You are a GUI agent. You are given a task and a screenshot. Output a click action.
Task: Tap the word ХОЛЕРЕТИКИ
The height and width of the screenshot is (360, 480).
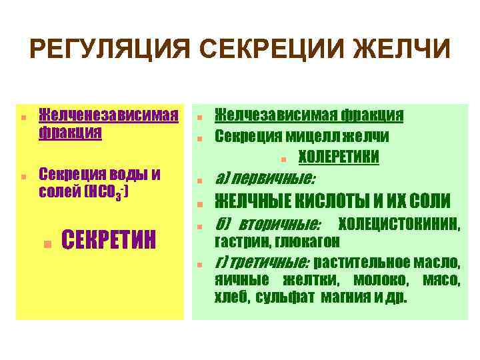pos(339,157)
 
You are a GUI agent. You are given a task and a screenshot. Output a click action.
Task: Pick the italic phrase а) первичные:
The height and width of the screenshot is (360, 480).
pos(265,179)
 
